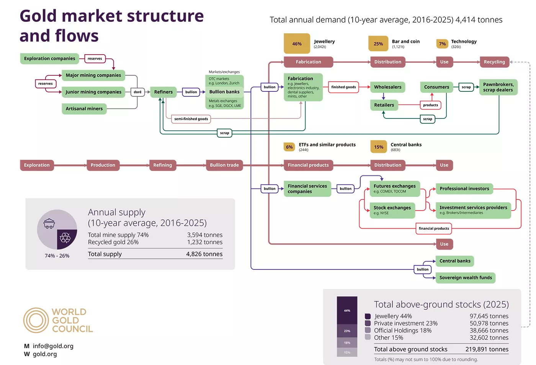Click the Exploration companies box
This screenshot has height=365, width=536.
[x=49, y=58]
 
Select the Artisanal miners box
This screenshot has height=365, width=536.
[x=84, y=109]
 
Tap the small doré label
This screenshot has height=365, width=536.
[x=137, y=92]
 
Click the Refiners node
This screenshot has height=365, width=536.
[x=163, y=92]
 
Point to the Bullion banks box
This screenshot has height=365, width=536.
[x=224, y=92]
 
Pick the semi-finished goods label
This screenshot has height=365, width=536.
[x=191, y=119]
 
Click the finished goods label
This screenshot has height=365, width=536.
[x=343, y=87]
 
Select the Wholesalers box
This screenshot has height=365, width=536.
[x=387, y=87]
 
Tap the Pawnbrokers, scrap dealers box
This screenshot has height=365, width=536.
[x=498, y=87]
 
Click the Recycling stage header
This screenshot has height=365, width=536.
[x=494, y=62]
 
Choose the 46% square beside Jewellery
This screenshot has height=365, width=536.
[x=297, y=44]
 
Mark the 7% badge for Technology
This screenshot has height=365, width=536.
[x=442, y=44]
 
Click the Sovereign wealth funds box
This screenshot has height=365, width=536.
[x=466, y=278]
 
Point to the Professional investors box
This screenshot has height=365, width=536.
[x=464, y=188]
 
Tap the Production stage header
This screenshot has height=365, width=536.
[x=103, y=165]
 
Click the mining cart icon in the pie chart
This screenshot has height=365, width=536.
[x=49, y=224]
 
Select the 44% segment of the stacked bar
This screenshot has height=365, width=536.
[x=347, y=310]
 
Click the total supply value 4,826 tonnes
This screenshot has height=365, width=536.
[x=204, y=254]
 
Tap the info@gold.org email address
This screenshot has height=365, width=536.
[x=53, y=346]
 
